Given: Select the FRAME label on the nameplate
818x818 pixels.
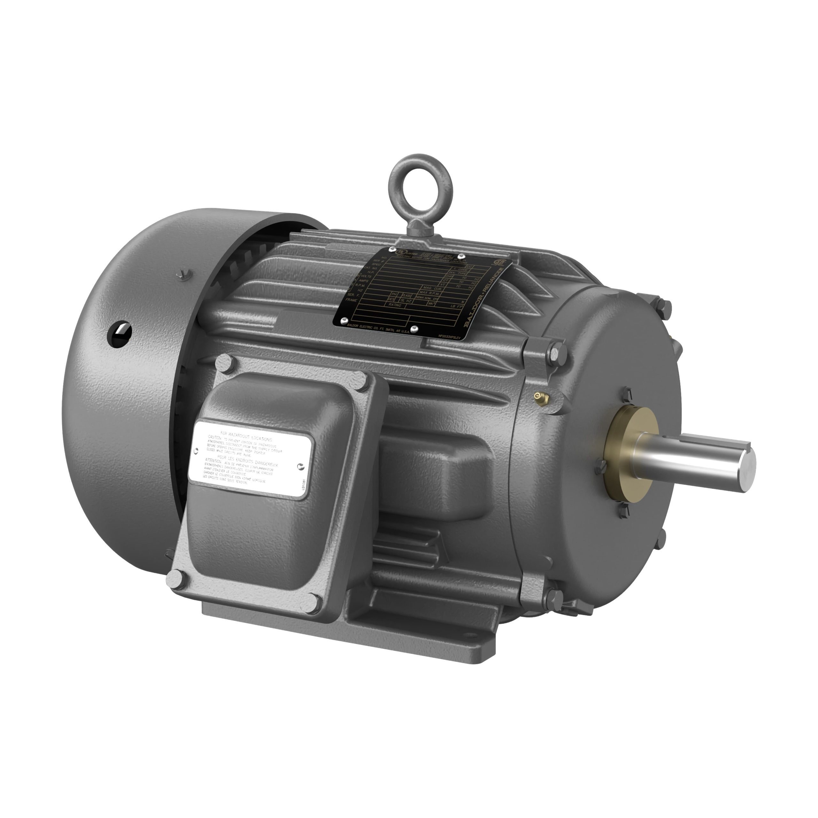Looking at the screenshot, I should pyautogui.click(x=351, y=300).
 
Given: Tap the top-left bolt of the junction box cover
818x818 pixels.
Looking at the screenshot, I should pyautogui.click(x=225, y=362).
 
